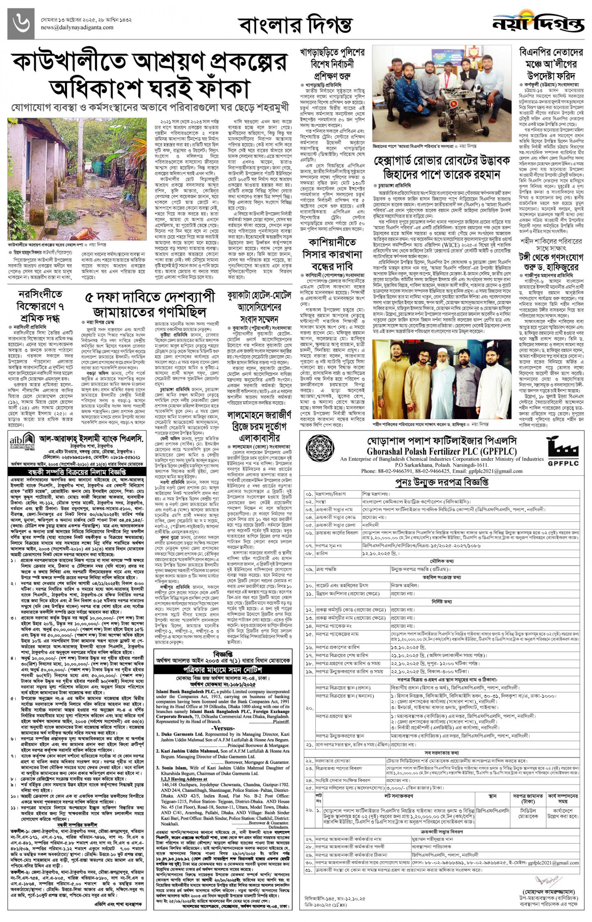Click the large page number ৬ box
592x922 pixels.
tap(21, 24)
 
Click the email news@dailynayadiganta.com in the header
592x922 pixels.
tap(77, 28)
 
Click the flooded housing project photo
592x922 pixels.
tap(77, 179)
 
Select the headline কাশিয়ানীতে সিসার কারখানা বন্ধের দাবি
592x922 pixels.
tap(333, 254)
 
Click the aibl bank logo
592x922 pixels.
tap(22, 439)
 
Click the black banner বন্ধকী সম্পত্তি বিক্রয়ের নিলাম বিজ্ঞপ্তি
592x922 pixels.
tap(77, 472)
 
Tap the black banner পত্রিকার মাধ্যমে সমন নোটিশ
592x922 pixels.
tap(222, 669)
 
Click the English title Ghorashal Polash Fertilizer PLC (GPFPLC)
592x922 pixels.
tap(442, 451)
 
